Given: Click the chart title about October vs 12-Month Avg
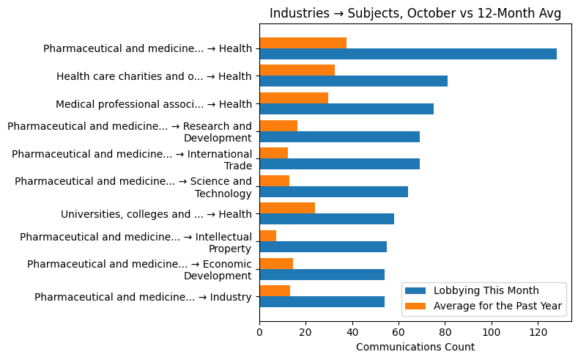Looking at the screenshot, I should [x=415, y=14].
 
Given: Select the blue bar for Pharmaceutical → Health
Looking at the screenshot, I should [x=407, y=54].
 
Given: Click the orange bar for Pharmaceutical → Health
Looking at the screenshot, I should [x=303, y=43].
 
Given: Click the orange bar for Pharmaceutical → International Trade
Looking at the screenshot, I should [x=273, y=153].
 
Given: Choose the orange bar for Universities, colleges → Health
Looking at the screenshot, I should [x=287, y=208].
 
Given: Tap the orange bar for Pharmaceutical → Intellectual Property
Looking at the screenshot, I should [x=267, y=236].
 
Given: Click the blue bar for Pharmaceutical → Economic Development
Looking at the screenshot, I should [x=322, y=275].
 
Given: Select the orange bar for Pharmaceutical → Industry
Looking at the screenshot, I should [x=275, y=291].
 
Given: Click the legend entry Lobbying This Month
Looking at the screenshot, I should [x=486, y=290].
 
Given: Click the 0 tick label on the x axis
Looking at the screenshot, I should [x=259, y=331].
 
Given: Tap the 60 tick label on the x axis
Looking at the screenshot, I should [x=399, y=331].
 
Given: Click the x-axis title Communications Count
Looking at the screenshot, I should [x=415, y=347].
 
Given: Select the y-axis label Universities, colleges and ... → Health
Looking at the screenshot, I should [x=156, y=214].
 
